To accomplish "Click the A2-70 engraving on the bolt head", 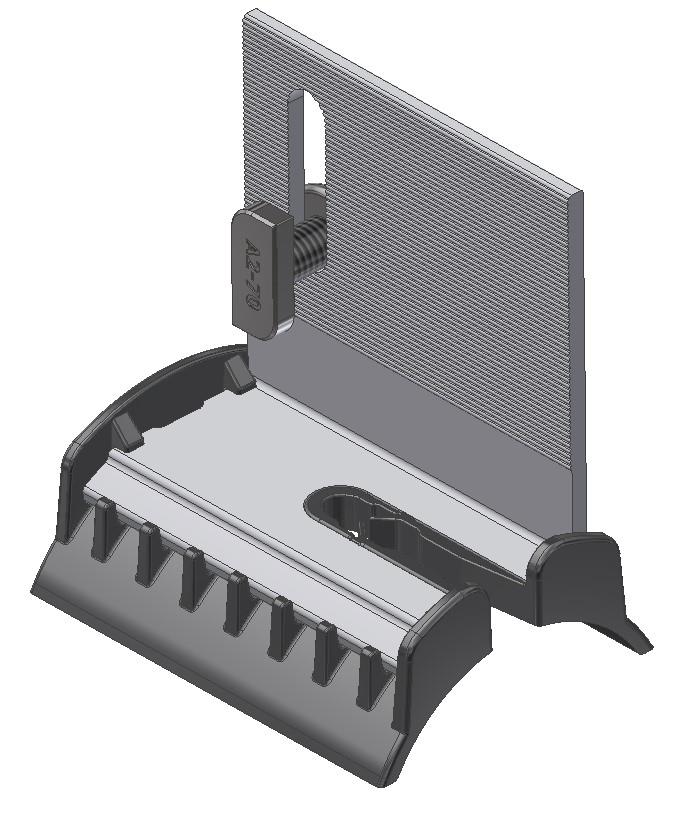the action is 252,274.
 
